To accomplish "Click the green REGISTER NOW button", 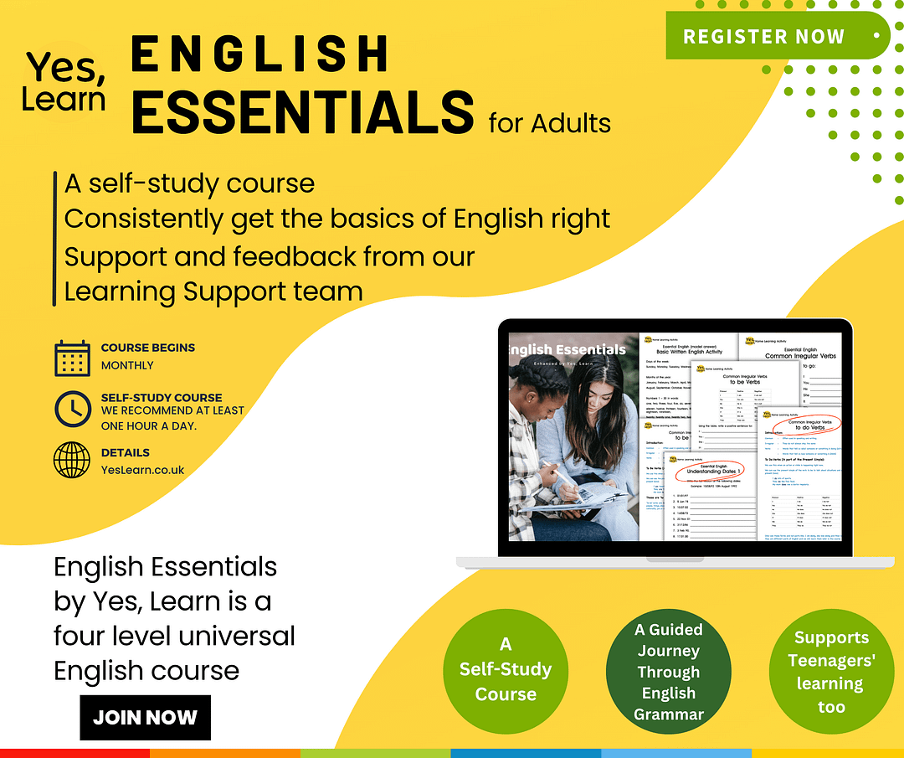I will click(x=764, y=37).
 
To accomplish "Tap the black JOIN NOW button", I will click(x=145, y=718).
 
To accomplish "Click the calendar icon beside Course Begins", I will click(x=72, y=358).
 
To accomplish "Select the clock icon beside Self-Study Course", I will click(x=72, y=409).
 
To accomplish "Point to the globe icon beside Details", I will click(x=72, y=460).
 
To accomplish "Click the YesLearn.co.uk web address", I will click(x=142, y=470).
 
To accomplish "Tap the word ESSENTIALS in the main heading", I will click(x=303, y=111).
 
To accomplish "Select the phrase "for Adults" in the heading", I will click(x=549, y=124).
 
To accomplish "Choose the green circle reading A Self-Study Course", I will click(x=506, y=669).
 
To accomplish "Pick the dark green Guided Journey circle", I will click(x=669, y=671).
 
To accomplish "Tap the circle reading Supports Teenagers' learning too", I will click(x=831, y=672).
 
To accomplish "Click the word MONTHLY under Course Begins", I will click(x=127, y=366).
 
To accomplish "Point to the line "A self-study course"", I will click(x=190, y=183).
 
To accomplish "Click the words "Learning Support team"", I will click(x=213, y=291).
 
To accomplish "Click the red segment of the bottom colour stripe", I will click(x=75, y=753).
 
